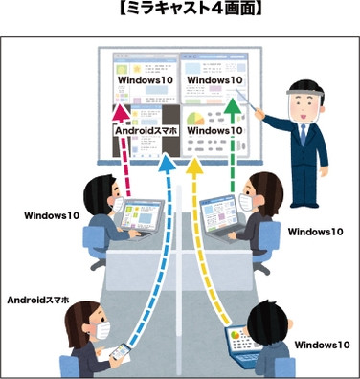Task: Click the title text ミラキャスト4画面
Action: [x=179, y=11]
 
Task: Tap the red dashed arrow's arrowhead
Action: [x=124, y=97]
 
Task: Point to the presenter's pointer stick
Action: [x=259, y=105]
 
